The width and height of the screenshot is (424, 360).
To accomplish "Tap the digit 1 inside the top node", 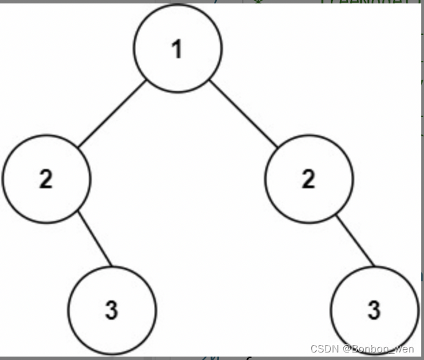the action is pyautogui.click(x=178, y=50).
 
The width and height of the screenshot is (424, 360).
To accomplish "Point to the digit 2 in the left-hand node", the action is pyautogui.click(x=46, y=180).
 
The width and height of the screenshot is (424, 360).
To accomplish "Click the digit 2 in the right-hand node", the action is pyautogui.click(x=308, y=180).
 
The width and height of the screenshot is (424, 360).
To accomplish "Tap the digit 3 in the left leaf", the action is pyautogui.click(x=112, y=310).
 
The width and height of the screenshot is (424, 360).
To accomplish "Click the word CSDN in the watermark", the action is pyautogui.click(x=324, y=349).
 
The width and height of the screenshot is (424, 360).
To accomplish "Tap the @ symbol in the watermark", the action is pyautogui.click(x=347, y=349).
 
